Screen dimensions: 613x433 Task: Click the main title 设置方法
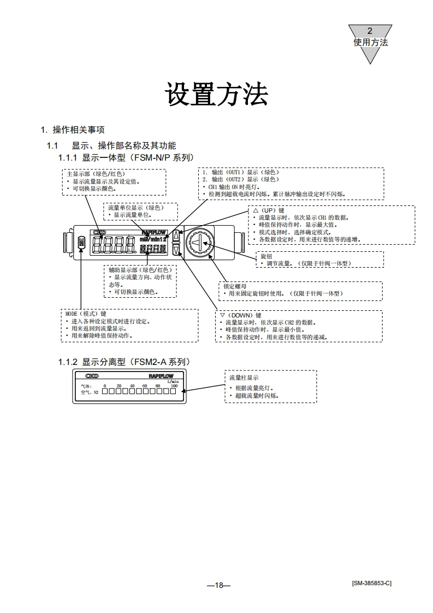(x=216, y=95)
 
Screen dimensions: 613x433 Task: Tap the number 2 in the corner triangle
(x=370, y=31)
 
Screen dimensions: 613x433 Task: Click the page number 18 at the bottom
(x=219, y=585)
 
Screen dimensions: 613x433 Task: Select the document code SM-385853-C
(x=371, y=583)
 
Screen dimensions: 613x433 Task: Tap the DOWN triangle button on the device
(x=175, y=250)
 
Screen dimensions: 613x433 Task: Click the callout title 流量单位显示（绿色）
(x=135, y=208)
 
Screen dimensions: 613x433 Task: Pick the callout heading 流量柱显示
(x=244, y=378)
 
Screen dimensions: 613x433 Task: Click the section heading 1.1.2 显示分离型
(x=124, y=362)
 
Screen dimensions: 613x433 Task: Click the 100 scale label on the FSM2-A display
(x=174, y=386)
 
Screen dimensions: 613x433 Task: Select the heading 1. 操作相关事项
(x=73, y=129)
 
